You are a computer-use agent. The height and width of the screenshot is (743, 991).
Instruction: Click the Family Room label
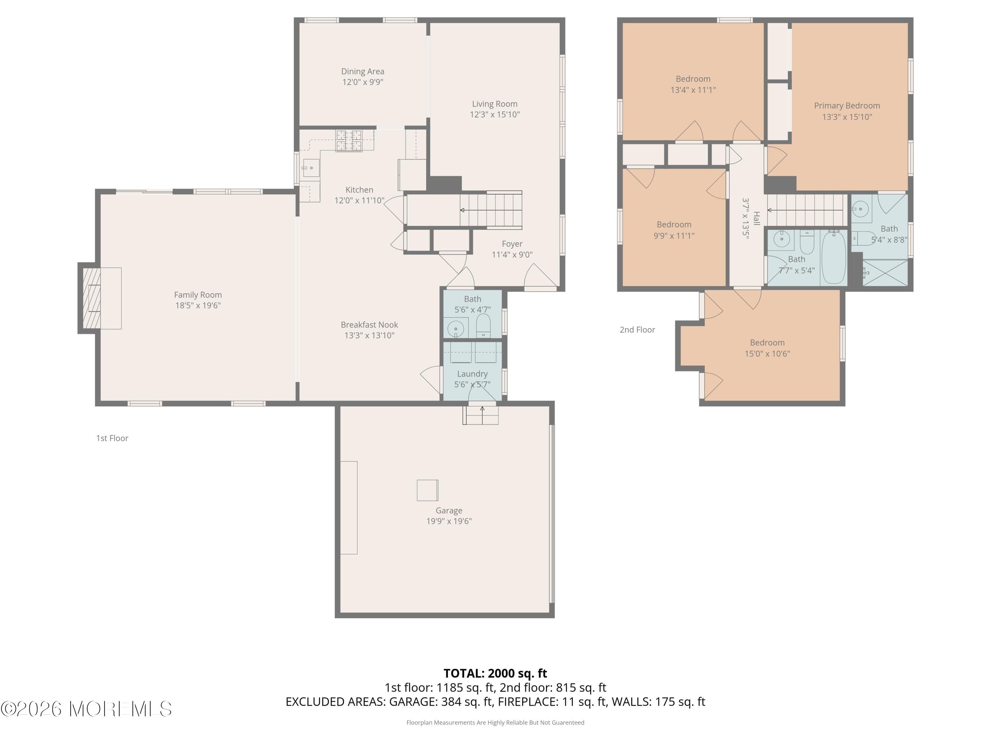click(x=198, y=295)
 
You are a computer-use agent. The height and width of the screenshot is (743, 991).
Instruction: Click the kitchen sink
click(x=311, y=168)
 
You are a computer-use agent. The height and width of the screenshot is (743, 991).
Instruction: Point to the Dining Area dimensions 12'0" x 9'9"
click(x=362, y=82)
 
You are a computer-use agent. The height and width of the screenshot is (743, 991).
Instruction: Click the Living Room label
click(x=495, y=104)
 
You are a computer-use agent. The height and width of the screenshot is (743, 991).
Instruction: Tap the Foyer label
click(x=512, y=244)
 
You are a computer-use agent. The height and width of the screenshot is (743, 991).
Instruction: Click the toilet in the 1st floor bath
click(x=483, y=325)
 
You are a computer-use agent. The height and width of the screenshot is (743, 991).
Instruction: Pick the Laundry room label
click(x=472, y=373)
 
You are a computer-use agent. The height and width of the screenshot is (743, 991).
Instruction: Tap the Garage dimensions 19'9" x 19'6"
click(x=449, y=521)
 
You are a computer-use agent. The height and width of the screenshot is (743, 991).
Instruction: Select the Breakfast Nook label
click(x=369, y=325)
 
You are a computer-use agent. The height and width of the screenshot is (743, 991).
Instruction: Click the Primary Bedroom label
click(x=847, y=106)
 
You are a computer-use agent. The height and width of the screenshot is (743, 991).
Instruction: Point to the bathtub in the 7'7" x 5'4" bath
click(x=833, y=258)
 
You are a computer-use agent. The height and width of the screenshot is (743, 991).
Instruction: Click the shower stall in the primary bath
click(x=885, y=272)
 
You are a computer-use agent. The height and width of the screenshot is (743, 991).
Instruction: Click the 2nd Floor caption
click(x=637, y=330)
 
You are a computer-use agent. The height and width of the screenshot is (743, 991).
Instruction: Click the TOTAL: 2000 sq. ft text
click(x=495, y=673)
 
